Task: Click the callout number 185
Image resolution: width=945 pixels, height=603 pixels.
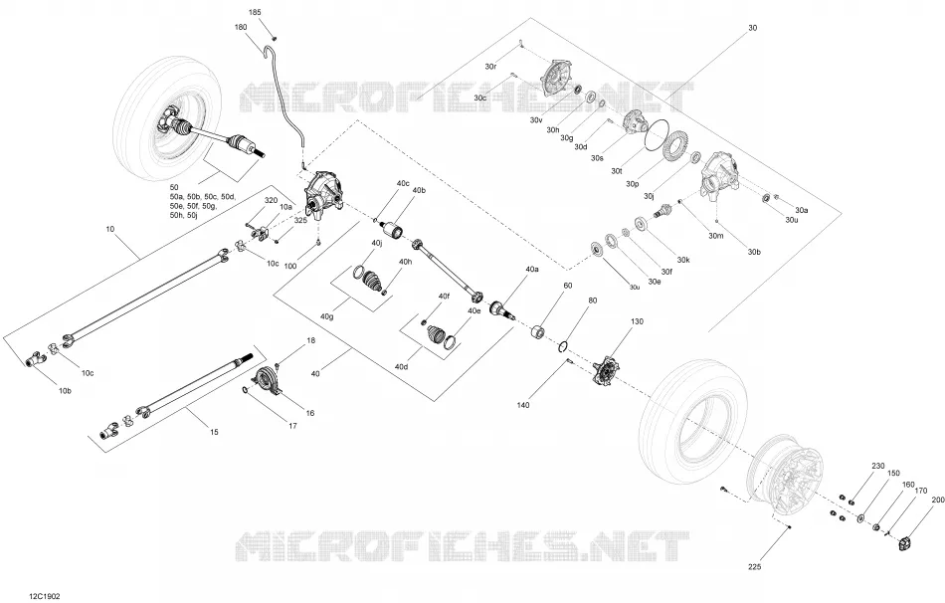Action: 255,12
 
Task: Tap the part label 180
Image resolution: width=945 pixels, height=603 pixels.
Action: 241,27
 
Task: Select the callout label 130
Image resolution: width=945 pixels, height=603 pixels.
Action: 637,321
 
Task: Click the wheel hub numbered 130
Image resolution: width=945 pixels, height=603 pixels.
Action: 606,370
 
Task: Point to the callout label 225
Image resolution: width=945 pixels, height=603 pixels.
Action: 755,567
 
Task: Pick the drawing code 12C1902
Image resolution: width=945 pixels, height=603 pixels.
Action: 44,596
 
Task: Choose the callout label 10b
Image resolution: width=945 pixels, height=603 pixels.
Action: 65,391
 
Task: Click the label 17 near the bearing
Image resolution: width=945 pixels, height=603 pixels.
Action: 292,426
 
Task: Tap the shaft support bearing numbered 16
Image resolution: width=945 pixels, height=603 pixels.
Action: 266,382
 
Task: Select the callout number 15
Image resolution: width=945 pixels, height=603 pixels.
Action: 214,432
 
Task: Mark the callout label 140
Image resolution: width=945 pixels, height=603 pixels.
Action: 523,405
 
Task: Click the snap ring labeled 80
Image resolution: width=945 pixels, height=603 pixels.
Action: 562,345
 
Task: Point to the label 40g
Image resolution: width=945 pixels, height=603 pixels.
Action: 327,316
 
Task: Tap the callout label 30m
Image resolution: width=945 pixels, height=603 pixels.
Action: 716,236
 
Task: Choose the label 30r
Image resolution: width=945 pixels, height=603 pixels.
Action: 490,66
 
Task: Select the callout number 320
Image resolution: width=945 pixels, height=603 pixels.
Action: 272,200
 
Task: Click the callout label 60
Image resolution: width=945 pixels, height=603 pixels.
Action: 568,286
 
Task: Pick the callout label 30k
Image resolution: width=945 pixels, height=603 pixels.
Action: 682,260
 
